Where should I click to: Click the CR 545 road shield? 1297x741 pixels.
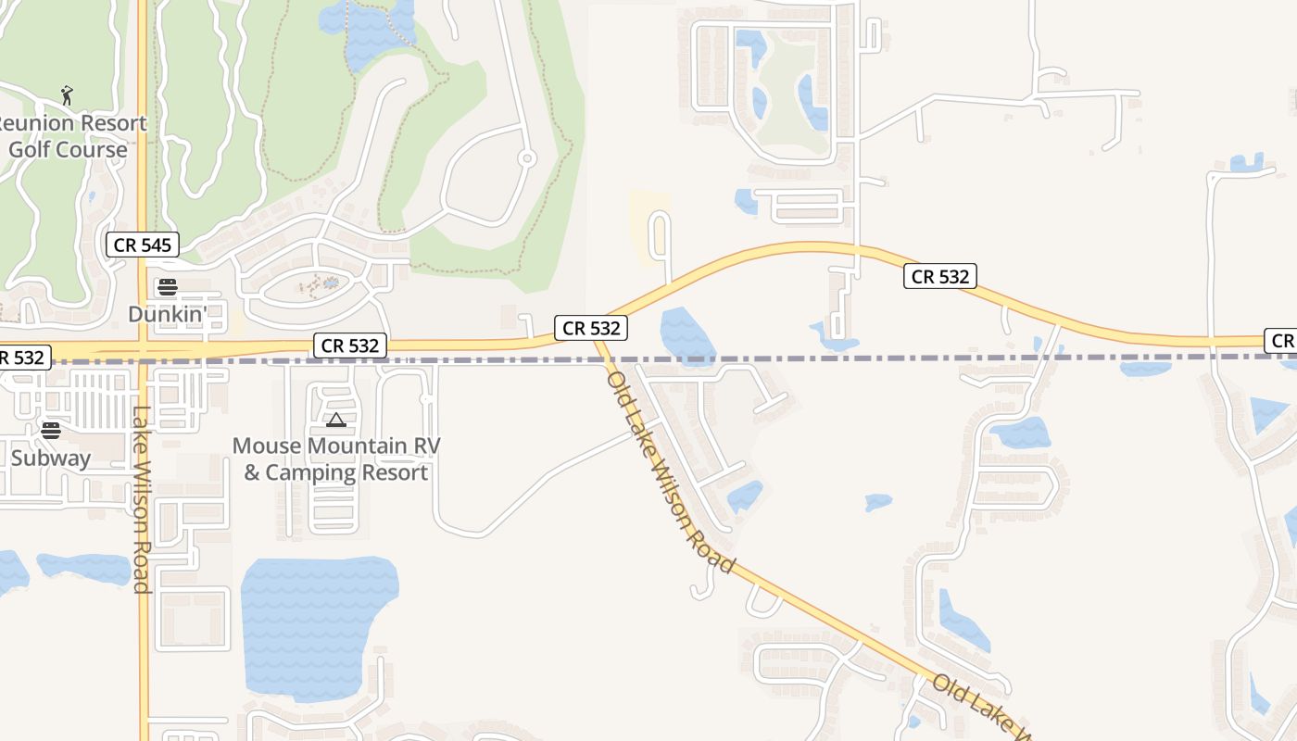coord(142,245)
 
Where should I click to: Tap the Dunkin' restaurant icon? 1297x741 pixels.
coord(168,285)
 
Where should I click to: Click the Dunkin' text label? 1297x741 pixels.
coord(168,314)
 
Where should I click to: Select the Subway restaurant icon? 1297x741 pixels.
coord(51,430)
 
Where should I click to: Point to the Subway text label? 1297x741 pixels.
coord(51,458)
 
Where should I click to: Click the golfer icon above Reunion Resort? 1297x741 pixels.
coord(66,94)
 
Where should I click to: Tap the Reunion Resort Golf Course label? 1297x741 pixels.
coord(70,136)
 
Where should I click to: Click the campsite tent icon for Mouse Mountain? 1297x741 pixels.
coord(335,420)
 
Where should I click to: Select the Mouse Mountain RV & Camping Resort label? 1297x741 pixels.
coord(335,458)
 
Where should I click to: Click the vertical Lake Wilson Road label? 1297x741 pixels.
coord(141,500)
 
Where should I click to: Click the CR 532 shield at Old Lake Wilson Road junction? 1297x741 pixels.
coord(591,328)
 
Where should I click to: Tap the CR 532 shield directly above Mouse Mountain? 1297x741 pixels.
coord(349,345)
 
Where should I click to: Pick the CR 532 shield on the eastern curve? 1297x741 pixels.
coord(940,276)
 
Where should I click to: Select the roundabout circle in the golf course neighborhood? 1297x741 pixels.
coord(526,158)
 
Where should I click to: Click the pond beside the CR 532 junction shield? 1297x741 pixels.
coord(686,333)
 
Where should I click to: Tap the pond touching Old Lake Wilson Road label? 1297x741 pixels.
coord(745,495)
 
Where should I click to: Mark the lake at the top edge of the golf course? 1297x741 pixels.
coord(366,32)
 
